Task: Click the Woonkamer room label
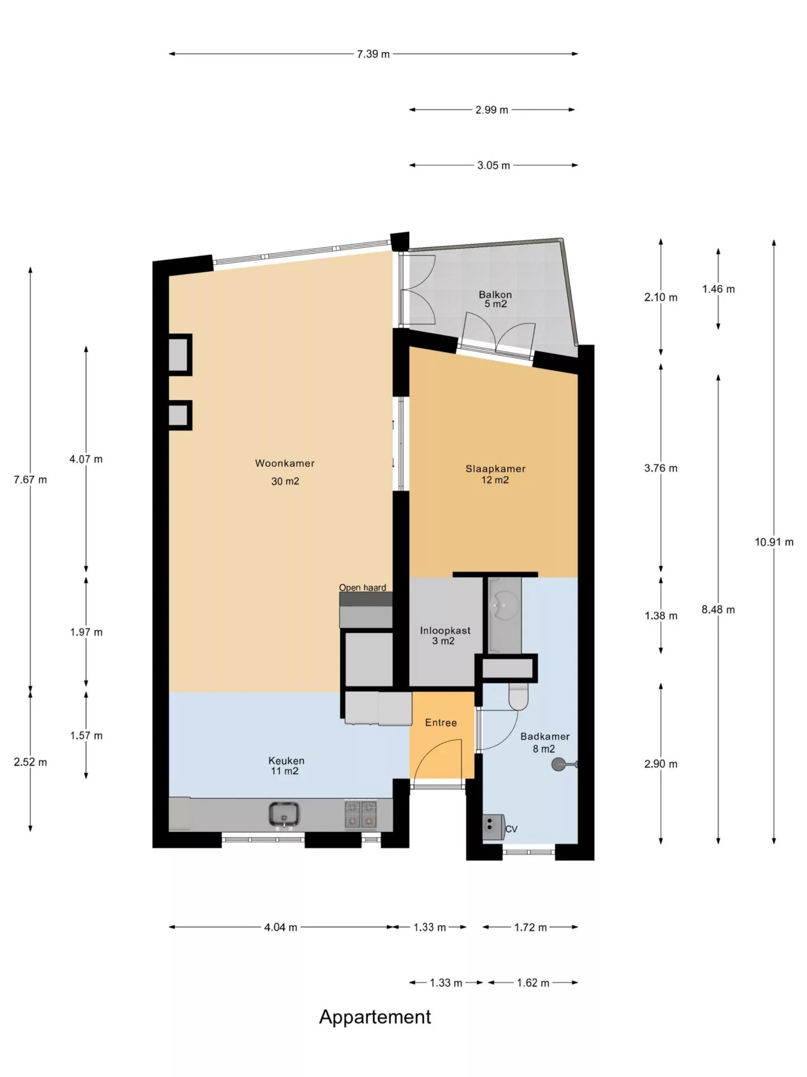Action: [285, 463]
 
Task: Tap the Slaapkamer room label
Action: [495, 469]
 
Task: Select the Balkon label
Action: [495, 294]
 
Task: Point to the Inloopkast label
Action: [445, 630]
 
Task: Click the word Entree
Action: [440, 722]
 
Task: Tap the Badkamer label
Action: [545, 737]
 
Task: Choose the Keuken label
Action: [286, 761]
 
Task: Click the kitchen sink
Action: [284, 814]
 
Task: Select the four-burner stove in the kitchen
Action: [360, 814]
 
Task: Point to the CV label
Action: [511, 829]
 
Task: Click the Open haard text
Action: [363, 587]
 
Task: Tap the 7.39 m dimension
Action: [373, 54]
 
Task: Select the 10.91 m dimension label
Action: [774, 542]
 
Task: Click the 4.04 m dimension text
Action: [281, 927]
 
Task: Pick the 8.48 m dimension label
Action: [718, 610]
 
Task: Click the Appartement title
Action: [375, 1017]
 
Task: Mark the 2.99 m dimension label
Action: [492, 110]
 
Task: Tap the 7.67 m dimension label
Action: [30, 480]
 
